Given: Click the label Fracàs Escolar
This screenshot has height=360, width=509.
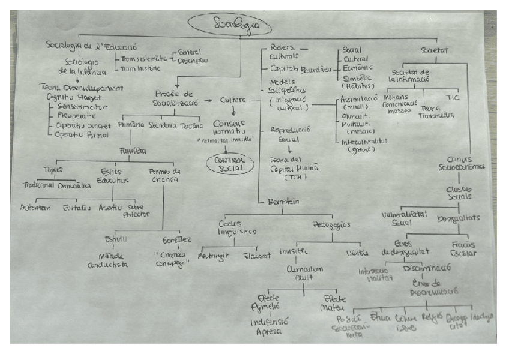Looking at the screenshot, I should [x=463, y=248].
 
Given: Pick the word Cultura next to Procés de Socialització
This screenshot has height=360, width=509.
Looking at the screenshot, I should [x=233, y=100].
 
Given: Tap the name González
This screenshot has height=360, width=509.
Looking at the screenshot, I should [x=177, y=240].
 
